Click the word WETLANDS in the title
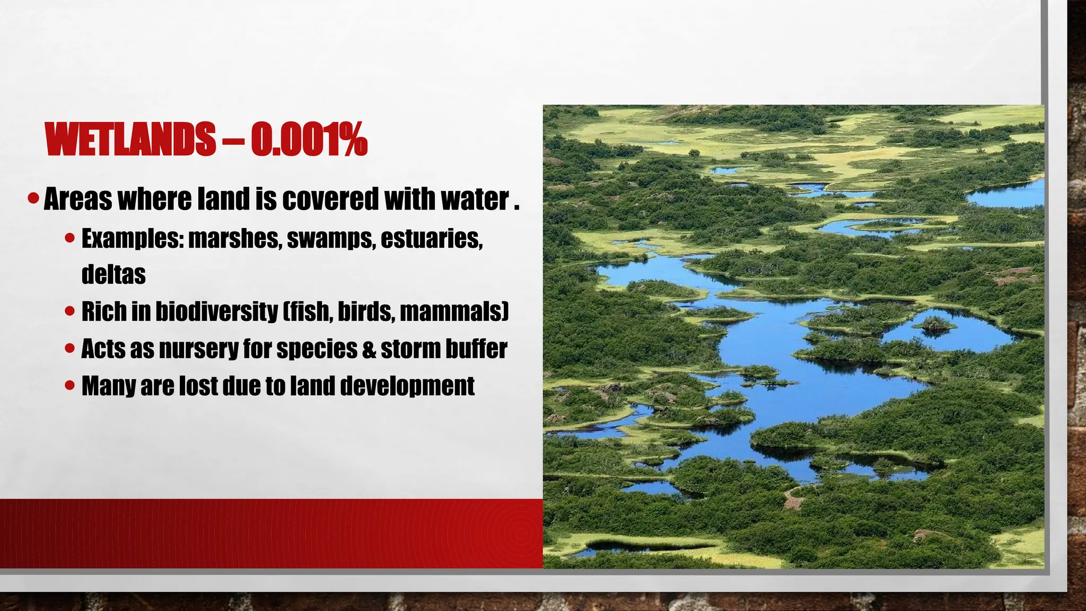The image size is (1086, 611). click(130, 139)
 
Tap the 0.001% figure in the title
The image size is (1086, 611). click(309, 139)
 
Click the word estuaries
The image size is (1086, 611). click(431, 239)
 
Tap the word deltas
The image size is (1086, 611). click(113, 274)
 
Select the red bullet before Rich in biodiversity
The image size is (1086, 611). click(69, 311)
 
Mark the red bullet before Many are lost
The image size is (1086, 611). click(69, 386)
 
